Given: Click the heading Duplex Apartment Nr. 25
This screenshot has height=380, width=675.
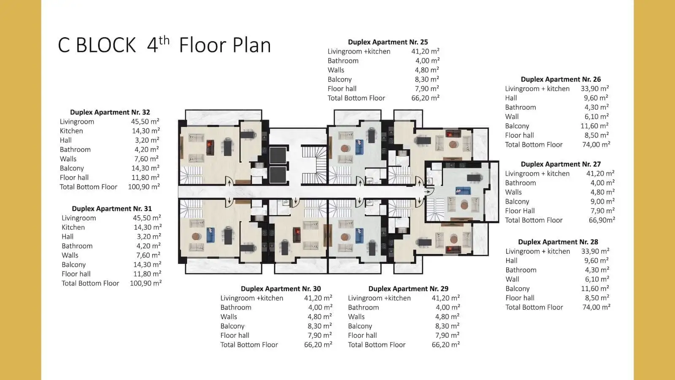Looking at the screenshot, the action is tap(388, 42).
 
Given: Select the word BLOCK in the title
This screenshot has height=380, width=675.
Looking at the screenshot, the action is tap(106, 46).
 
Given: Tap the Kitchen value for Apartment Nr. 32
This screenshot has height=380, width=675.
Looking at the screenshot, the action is tap(146, 130).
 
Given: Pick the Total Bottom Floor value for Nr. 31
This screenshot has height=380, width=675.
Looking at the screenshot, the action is tap(146, 283).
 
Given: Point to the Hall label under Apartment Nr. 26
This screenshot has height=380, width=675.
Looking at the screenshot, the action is tap(511, 98).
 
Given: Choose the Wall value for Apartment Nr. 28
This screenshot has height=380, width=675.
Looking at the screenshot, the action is tap(597, 279).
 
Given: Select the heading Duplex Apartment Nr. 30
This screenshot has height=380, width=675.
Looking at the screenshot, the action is tap(281, 289).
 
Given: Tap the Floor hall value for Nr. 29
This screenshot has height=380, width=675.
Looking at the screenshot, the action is tap(447, 335).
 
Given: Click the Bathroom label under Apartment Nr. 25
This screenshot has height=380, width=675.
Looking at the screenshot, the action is tap(343, 61).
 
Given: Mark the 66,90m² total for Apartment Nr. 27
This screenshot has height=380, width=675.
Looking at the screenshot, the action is tap(602, 220).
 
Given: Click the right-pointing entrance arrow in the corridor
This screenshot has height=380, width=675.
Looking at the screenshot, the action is tap(427, 192).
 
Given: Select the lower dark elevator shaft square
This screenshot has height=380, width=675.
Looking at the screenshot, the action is tap(278, 175).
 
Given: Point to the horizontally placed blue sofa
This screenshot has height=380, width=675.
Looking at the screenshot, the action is tap(463, 191).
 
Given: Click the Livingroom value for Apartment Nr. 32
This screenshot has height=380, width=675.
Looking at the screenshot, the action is tap(145, 121).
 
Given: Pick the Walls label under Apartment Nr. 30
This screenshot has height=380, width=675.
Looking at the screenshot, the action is tap(229, 317).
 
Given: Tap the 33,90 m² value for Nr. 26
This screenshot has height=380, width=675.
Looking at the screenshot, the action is tap(595, 88).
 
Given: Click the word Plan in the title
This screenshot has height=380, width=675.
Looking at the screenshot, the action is tap(252, 46).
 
